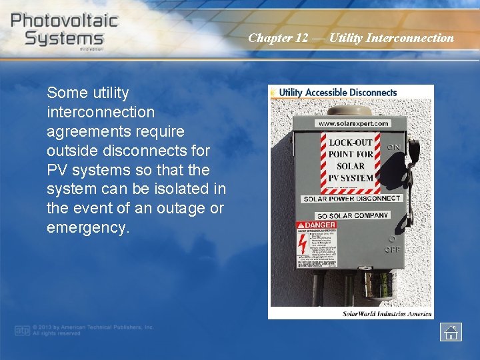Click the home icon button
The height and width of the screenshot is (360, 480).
(451, 332)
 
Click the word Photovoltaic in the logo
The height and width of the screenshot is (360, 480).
(64, 20)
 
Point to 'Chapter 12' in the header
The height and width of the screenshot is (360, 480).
(278, 38)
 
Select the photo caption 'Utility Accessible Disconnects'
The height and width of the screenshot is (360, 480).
(337, 93)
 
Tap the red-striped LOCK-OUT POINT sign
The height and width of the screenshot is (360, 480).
(351, 160)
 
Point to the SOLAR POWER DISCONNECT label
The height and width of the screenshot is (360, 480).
(351, 199)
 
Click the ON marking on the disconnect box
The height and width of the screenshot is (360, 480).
(394, 147)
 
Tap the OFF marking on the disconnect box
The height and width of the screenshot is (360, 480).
(392, 250)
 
